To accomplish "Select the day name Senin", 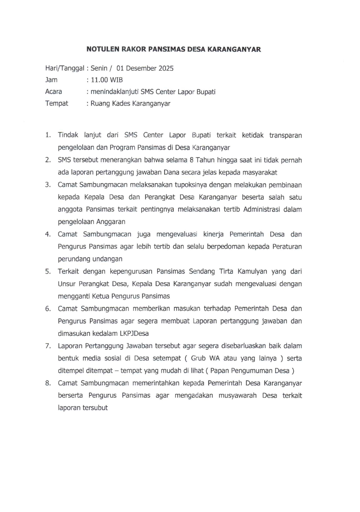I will click(99, 68).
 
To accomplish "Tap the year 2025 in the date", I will click(166, 68).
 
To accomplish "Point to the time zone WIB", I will click(116, 80).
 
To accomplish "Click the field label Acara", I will click(54, 92).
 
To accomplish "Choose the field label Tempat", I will click(57, 104).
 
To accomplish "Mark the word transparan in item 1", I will click(286, 135).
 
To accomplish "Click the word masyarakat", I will click(260, 173).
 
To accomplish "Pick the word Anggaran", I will click(111, 222).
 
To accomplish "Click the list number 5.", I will click(48, 272).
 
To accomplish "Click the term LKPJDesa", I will click(134, 334).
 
